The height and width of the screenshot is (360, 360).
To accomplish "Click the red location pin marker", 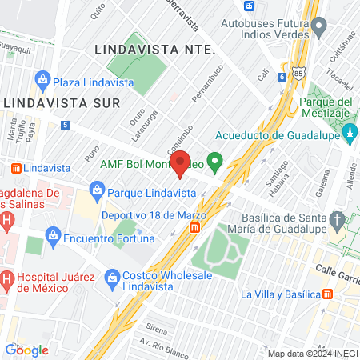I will (181, 163).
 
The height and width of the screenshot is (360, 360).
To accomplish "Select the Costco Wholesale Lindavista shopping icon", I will (112, 277).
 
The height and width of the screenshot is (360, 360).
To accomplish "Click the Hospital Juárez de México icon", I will (6, 279).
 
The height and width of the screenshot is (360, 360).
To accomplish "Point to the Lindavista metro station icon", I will (15, 169).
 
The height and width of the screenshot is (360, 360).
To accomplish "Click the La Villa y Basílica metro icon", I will (328, 294).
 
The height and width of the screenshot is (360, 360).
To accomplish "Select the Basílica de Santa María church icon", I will (338, 219).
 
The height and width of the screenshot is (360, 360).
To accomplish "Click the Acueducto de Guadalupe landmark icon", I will (350, 137).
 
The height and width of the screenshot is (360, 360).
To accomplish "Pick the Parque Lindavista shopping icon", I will (97, 192).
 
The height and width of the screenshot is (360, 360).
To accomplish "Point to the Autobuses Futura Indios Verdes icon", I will (320, 29).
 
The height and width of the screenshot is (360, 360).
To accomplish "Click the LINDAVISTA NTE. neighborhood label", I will (155, 49).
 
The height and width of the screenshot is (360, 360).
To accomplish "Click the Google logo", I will (26, 350).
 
